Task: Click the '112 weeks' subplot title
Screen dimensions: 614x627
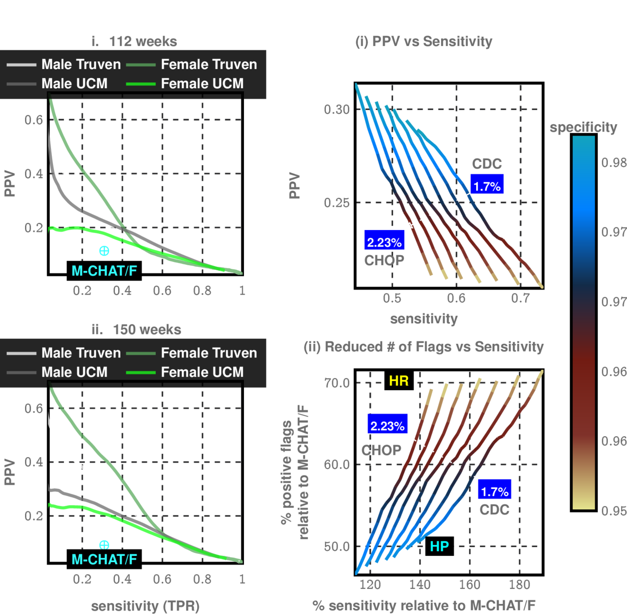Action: [x=143, y=41]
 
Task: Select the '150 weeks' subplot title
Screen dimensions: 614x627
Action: [x=147, y=329]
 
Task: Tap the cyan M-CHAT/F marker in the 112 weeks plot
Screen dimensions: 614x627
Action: [x=104, y=251]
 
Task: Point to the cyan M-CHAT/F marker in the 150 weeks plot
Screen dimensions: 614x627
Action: [x=104, y=544]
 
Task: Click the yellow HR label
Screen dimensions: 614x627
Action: [x=398, y=381]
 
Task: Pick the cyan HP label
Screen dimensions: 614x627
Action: [x=439, y=546]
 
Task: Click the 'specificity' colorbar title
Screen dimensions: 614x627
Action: [x=583, y=127]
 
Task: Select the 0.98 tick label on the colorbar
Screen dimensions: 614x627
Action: [x=613, y=162]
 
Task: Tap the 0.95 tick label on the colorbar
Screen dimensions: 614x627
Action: [x=613, y=511]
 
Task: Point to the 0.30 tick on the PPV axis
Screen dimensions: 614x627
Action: [x=337, y=110]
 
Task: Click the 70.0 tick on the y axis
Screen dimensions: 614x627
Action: [x=337, y=383]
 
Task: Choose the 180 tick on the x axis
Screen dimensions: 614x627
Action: [x=519, y=584]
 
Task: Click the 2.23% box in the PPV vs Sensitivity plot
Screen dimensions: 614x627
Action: [x=384, y=242]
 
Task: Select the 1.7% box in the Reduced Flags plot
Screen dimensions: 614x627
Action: [x=494, y=491]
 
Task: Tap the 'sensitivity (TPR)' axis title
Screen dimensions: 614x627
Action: [x=145, y=605]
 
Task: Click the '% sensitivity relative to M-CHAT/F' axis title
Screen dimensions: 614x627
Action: [x=423, y=605]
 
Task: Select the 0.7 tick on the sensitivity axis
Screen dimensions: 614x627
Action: [x=520, y=298]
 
